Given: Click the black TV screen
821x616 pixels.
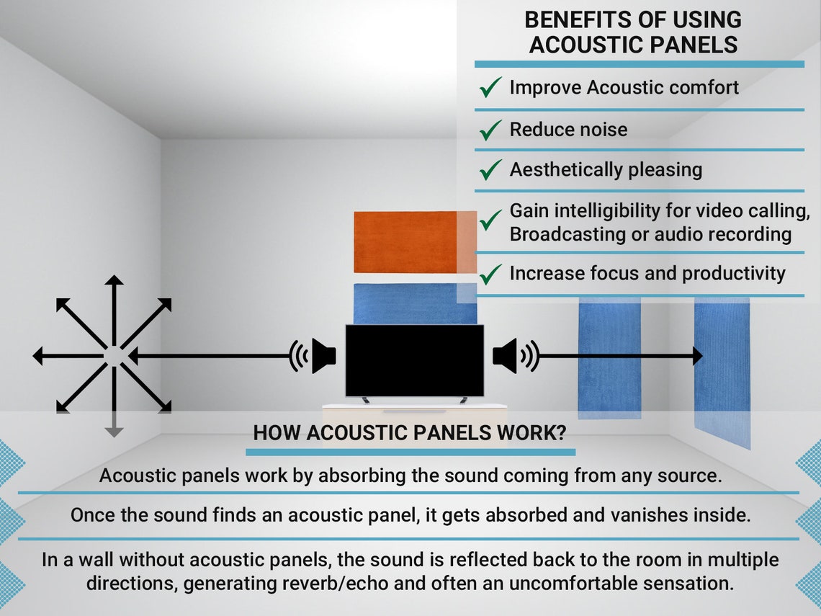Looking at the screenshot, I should click(414, 360).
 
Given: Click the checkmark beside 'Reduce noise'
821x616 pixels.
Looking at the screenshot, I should click(490, 130).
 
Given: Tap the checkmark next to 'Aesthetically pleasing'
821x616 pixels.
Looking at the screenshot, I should click(490, 171).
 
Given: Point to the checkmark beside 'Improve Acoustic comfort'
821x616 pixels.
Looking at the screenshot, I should click(490, 89).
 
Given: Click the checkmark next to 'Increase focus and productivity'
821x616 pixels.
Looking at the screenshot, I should click(490, 274).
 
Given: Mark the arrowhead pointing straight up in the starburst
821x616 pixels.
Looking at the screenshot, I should click(114, 281).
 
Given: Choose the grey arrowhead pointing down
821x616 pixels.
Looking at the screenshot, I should click(114, 432).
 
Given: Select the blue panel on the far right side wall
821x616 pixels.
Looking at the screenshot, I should click(722, 367).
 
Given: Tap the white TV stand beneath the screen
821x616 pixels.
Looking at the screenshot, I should click(414, 408).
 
